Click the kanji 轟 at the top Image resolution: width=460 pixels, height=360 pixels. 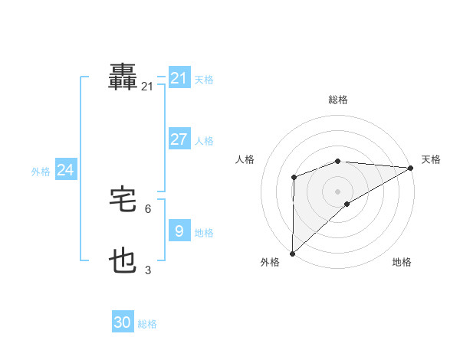coord(123,77)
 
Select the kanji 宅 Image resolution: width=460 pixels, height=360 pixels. coord(123,200)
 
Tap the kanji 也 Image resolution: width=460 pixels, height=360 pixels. coord(123,262)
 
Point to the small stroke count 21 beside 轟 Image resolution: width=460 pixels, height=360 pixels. coord(147,87)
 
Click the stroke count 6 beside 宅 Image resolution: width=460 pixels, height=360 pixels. coord(148,208)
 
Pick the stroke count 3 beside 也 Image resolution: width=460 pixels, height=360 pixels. coord(148,270)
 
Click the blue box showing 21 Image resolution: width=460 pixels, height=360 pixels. coord(179,78)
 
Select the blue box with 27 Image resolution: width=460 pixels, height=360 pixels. coord(179,139)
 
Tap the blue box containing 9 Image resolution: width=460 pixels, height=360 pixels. coord(179,231)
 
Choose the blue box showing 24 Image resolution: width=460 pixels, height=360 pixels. coord(66,170)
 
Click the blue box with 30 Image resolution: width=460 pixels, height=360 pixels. coord(123,322)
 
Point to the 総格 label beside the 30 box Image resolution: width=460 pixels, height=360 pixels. coord(148,324)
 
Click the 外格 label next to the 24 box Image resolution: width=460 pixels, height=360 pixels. coord(41,172)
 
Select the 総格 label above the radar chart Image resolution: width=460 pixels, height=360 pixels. coord(337,100)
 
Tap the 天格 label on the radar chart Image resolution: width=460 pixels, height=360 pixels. coord(431,159)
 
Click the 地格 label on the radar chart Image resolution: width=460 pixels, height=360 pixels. coord(402,263)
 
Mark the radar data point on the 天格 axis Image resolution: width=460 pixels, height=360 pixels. coord(410,168)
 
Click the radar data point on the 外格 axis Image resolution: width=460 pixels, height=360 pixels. coord(292,254)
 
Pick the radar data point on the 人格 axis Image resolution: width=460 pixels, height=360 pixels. coord(294,178)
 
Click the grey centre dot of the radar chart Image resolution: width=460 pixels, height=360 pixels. coord(337,191)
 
